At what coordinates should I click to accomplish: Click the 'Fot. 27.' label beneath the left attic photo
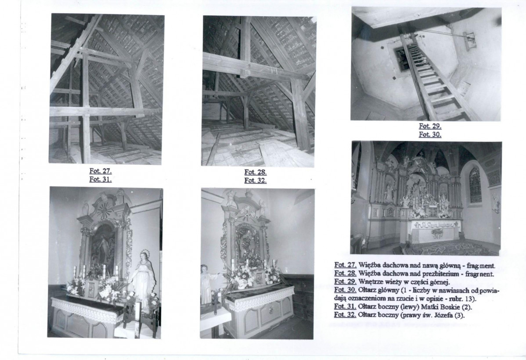pos(101,171)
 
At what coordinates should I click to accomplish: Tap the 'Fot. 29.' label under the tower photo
pos(430,126)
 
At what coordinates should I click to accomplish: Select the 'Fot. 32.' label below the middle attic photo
pos(256,180)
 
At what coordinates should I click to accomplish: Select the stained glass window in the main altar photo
pos(475,185)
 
